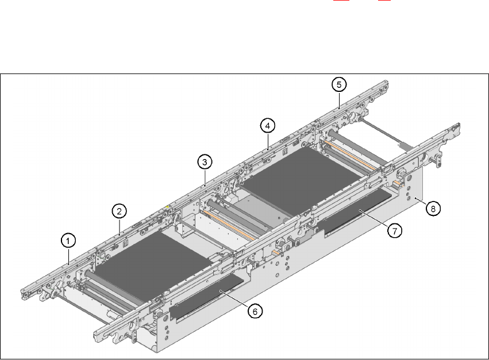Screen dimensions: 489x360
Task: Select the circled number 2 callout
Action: tap(119, 211)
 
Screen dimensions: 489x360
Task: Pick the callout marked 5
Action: tap(339, 85)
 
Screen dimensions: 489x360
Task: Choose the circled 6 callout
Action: tap(255, 311)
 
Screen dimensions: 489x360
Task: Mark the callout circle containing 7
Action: tap(394, 230)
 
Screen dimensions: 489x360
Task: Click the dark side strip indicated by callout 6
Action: tap(207, 294)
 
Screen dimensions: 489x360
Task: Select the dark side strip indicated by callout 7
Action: tap(356, 211)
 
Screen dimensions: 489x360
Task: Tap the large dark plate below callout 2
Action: tap(147, 261)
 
